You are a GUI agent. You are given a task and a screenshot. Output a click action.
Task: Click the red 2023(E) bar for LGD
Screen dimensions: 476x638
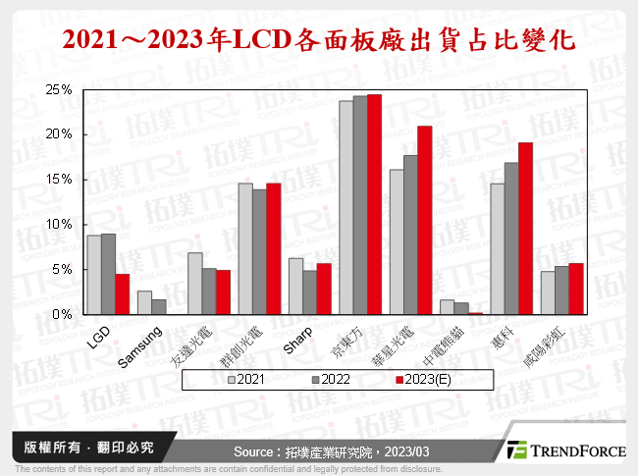[x=122, y=294]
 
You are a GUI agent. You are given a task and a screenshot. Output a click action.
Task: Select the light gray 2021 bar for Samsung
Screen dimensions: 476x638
[x=144, y=303]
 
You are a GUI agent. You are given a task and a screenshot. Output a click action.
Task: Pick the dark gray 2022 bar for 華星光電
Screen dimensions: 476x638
[x=410, y=235]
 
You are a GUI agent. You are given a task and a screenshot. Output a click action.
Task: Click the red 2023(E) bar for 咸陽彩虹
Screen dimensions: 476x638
[x=575, y=289]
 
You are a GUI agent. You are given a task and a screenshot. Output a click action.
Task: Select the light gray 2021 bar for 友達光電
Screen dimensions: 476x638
[x=194, y=284]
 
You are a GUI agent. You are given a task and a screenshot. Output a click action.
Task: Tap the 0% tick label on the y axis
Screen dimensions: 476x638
[x=62, y=315]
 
